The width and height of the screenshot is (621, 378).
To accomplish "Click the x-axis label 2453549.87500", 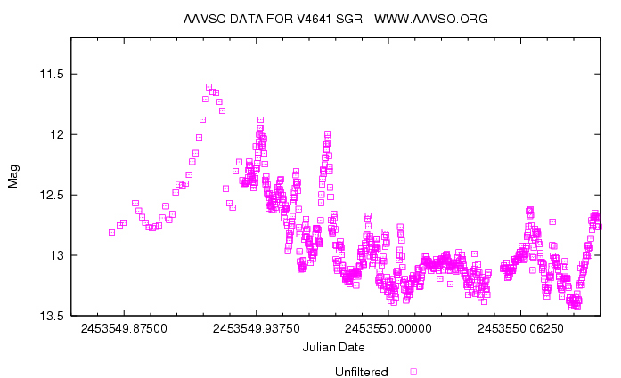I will pyautogui.click(x=124, y=328).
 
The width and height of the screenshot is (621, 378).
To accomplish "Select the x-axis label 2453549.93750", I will pyautogui.click(x=257, y=328).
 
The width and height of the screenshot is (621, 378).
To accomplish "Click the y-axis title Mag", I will pyautogui.click(x=13, y=177).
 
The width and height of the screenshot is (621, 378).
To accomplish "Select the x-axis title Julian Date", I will pyautogui.click(x=333, y=346).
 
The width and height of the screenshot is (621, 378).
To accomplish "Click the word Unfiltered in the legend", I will pyautogui.click(x=361, y=371).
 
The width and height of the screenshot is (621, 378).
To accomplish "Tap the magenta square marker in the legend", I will pyautogui.click(x=413, y=371).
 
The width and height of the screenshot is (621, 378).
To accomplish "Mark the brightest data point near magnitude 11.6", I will pyautogui.click(x=208, y=87).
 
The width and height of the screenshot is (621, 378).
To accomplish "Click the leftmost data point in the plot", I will pyautogui.click(x=111, y=232).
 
